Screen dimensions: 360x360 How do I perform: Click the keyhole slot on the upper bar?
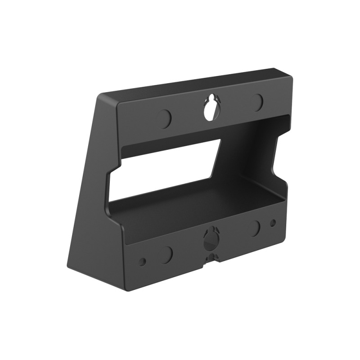tap(210, 109)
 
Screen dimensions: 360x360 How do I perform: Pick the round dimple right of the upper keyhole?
tap(257, 103)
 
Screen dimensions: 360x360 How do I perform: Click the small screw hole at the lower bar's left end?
tap(143, 261)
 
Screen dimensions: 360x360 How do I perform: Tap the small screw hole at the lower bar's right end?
tap(273, 223)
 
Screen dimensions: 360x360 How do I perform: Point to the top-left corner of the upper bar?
tap(118, 104)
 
